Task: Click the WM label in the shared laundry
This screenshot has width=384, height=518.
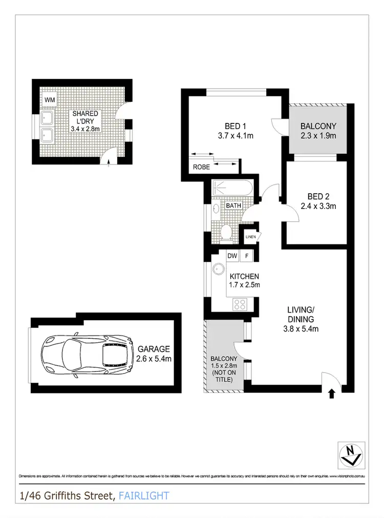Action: (x=50, y=99)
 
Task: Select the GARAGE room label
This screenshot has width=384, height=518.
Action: (x=154, y=349)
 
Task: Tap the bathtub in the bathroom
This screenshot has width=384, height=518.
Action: (x=232, y=188)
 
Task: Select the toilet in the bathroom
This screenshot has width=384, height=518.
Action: (x=227, y=233)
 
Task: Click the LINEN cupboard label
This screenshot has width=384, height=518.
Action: (x=250, y=237)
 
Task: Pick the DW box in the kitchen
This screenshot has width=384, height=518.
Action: (x=232, y=256)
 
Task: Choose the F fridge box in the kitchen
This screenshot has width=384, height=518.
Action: (x=246, y=256)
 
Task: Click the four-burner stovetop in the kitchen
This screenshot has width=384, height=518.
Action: (x=240, y=304)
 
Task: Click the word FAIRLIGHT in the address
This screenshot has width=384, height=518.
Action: (x=143, y=496)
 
